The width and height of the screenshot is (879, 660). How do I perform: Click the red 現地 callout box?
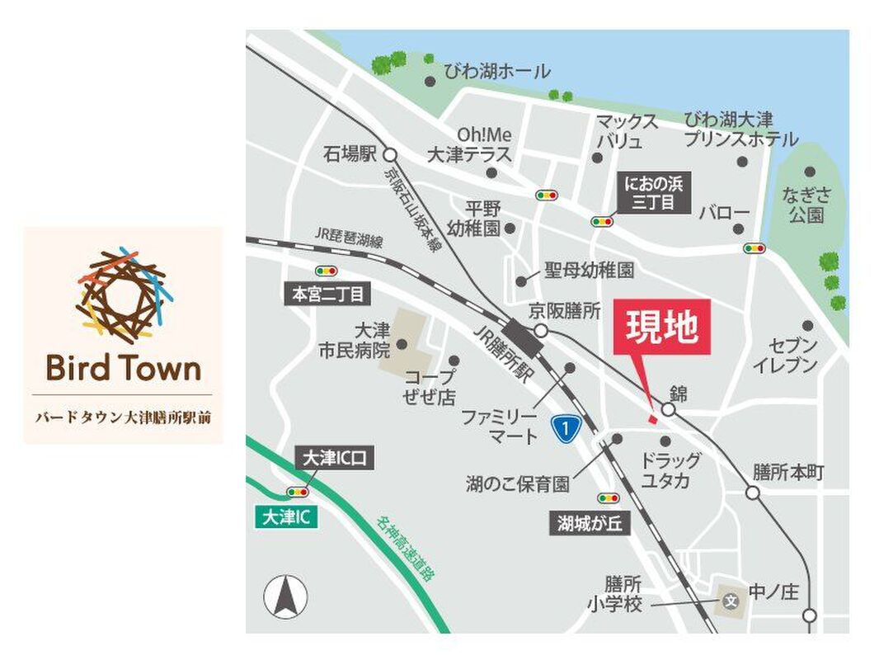pyautogui.click(x=661, y=327)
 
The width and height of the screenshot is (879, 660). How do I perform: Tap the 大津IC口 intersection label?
pyautogui.click(x=334, y=459)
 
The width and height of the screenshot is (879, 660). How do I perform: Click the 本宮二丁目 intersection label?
pyautogui.click(x=327, y=294)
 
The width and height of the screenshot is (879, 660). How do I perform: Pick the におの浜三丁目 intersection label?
pyautogui.click(x=655, y=193)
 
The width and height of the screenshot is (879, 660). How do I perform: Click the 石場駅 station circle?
pyautogui.click(x=390, y=154)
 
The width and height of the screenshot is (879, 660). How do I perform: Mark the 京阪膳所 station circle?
pyautogui.click(x=540, y=331)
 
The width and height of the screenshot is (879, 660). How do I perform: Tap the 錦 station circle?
pyautogui.click(x=669, y=409)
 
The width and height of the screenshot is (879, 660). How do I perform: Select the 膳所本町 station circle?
pyautogui.click(x=752, y=493)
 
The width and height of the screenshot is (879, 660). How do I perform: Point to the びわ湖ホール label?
pyautogui.click(x=496, y=73)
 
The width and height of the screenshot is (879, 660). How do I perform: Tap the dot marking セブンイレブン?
pyautogui.click(x=806, y=326)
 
